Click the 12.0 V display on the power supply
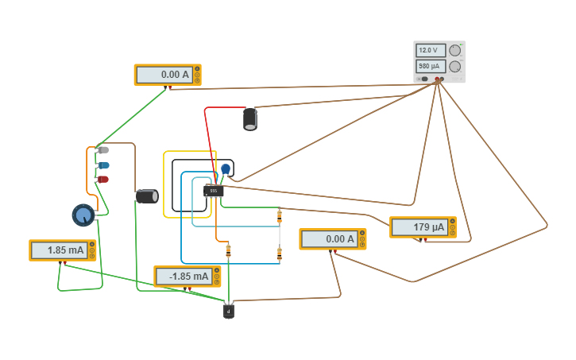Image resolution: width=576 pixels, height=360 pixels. tap(430, 50)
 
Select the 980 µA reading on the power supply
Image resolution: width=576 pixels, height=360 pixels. tap(430, 67)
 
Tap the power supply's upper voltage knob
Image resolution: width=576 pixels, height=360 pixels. tap(455, 50)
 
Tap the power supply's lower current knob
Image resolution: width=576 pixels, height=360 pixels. tap(455, 67)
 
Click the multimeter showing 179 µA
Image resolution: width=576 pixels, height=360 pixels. tap(423, 227)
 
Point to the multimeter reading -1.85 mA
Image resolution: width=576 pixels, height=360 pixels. tap(187, 277)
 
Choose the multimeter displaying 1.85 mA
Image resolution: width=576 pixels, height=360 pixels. tap(62, 250)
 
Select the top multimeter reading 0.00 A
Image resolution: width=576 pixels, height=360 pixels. tap(168, 75)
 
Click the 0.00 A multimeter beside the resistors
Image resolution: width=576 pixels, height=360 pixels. tap(332, 239)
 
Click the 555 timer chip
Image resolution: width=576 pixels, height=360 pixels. tap(214, 191)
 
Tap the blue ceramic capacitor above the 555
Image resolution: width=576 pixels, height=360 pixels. tap(226, 169)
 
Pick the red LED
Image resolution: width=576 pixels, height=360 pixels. tap(103, 180)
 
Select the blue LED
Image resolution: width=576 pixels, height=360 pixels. tap(103, 165)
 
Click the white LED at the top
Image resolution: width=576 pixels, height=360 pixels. tap(103, 149)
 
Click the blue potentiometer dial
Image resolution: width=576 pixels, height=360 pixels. tap(83, 215)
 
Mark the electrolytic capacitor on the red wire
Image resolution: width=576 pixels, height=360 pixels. tap(250, 119)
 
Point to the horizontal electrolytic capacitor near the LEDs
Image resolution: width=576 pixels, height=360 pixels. tap(147, 196)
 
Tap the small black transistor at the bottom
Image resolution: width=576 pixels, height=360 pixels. tap(229, 312)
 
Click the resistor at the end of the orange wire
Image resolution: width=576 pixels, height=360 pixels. tap(228, 251)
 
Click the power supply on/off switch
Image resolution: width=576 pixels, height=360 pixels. tap(425, 79)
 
